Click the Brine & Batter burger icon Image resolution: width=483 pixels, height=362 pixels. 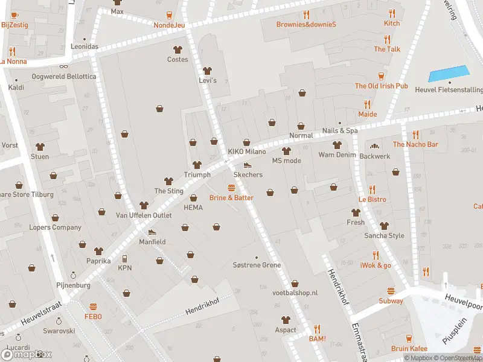231,188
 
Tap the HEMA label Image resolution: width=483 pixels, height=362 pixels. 193,208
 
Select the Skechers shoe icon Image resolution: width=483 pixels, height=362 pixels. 247,165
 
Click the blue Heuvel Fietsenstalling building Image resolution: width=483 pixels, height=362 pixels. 448,74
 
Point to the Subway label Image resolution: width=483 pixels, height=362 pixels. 391,301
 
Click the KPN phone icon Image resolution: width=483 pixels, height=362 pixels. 125,258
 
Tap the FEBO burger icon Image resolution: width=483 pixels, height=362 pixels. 93,307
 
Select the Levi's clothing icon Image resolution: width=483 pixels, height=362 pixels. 208,71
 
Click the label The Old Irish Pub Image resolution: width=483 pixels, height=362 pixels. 381,86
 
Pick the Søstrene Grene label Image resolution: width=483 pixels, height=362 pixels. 257,265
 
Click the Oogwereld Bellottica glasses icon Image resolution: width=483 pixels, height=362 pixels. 63,67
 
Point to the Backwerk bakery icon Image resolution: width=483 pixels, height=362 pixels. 374,146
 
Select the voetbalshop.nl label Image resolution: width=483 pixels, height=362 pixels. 295,292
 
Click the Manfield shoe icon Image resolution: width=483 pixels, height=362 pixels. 152,232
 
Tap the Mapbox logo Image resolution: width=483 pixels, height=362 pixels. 27,355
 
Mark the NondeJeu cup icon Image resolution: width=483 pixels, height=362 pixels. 168,15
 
